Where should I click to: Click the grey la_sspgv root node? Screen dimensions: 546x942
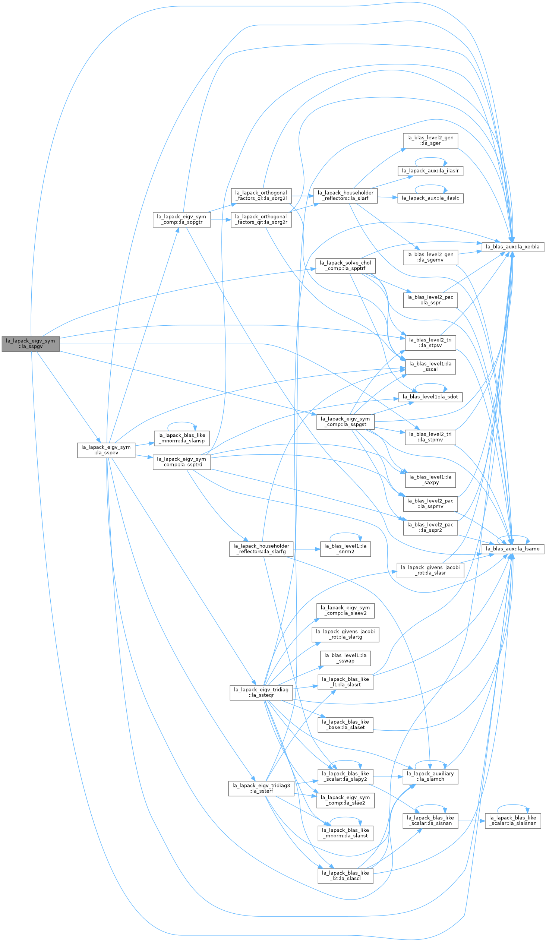tap(31, 344)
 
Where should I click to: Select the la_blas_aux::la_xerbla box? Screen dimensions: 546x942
tap(512, 247)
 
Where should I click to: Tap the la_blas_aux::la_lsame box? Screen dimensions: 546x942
tap(512, 549)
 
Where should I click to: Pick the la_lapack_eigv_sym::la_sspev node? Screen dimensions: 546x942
tap(106, 450)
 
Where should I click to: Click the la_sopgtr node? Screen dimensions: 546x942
tap(182, 219)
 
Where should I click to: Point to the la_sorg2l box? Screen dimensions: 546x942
tap(261, 196)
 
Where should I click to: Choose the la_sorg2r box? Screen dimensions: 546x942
tap(261, 219)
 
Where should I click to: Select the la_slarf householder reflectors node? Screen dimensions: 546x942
tap(345, 196)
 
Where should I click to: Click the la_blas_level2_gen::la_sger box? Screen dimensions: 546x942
tap(430, 140)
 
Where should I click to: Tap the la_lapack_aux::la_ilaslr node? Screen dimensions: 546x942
tap(430, 171)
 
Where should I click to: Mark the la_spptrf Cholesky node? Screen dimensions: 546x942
tap(345, 266)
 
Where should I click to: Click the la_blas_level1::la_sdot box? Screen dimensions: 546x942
tap(430, 396)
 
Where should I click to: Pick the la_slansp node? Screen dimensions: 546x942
tap(182, 438)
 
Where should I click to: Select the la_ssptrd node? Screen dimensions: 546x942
tap(182, 462)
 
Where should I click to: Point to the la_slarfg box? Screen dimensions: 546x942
tap(261, 549)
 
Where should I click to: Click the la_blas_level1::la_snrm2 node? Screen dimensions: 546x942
tap(345, 549)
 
